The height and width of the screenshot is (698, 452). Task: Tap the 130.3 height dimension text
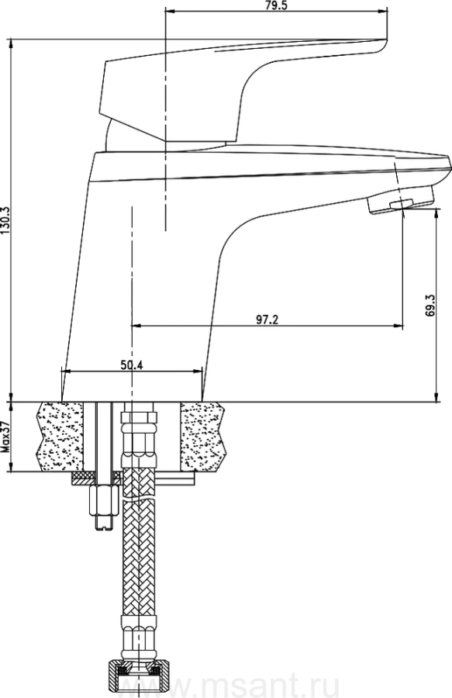(x=5, y=221)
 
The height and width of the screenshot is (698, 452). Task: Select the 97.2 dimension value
(x=267, y=320)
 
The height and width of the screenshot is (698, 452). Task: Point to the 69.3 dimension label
(x=430, y=306)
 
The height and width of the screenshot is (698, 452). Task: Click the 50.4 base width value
(x=131, y=365)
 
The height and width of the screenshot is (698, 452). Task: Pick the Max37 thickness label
(x=5, y=437)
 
